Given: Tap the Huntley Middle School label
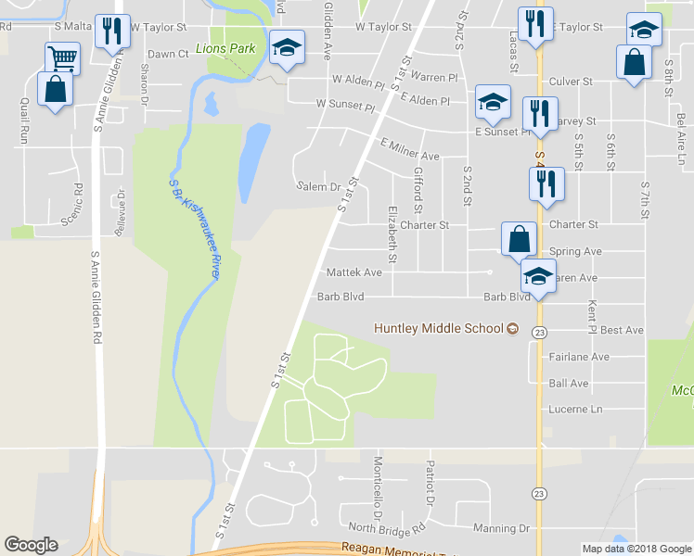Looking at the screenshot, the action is click(438, 328).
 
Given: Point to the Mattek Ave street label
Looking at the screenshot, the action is click(354, 273).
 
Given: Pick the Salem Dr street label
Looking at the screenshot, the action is click(319, 186).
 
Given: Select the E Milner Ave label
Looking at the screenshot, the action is click(409, 149).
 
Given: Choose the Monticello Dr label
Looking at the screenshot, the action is click(379, 486).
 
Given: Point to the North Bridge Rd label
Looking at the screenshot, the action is click(388, 528).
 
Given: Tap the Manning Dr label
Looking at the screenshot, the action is click(500, 528).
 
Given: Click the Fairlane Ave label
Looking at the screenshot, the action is click(579, 356).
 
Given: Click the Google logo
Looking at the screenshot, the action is click(31, 545).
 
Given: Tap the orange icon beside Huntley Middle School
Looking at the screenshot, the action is click(511, 328).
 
